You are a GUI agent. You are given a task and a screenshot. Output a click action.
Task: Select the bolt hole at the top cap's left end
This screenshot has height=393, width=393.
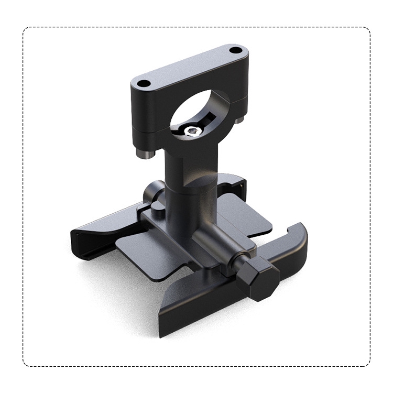tap(143, 83)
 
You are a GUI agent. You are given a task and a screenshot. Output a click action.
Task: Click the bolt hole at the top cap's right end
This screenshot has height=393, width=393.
tap(236, 51)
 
